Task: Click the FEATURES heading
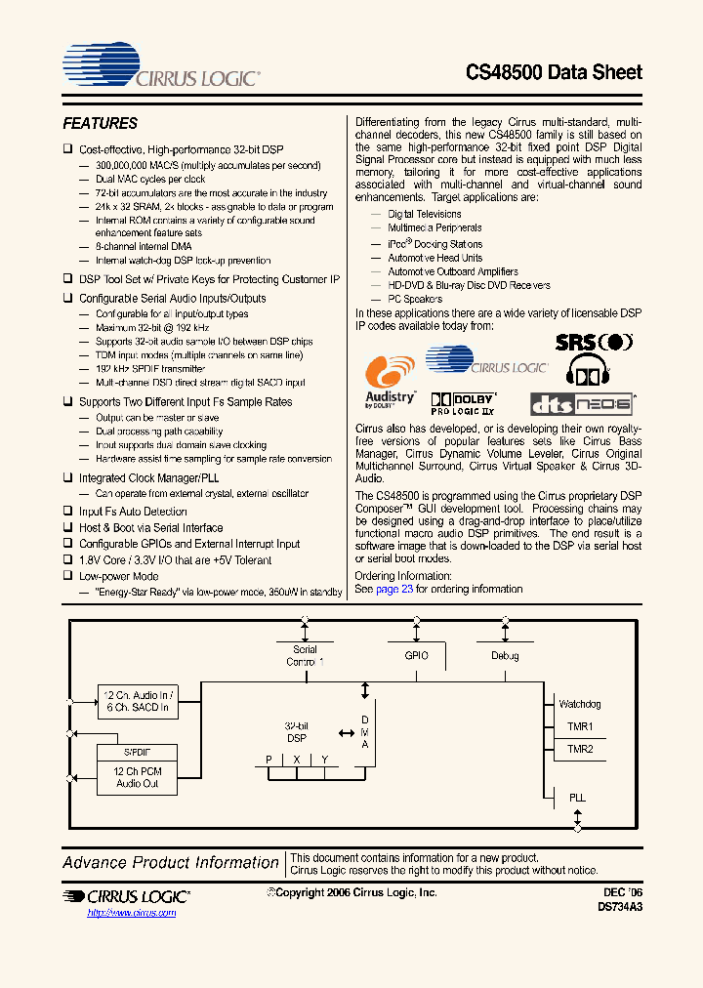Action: [100, 124]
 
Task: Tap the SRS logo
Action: [594, 343]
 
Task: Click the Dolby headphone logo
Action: [586, 374]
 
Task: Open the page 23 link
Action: [394, 590]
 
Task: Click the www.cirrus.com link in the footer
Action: [132, 912]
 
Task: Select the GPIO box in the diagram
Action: [416, 657]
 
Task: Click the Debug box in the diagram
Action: [505, 657]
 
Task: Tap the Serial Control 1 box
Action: [305, 656]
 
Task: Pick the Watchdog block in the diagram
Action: [579, 704]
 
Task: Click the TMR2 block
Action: [579, 750]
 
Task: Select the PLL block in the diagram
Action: [577, 798]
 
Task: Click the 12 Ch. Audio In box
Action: [137, 700]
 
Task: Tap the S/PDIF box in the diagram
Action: [137, 753]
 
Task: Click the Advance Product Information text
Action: [171, 863]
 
